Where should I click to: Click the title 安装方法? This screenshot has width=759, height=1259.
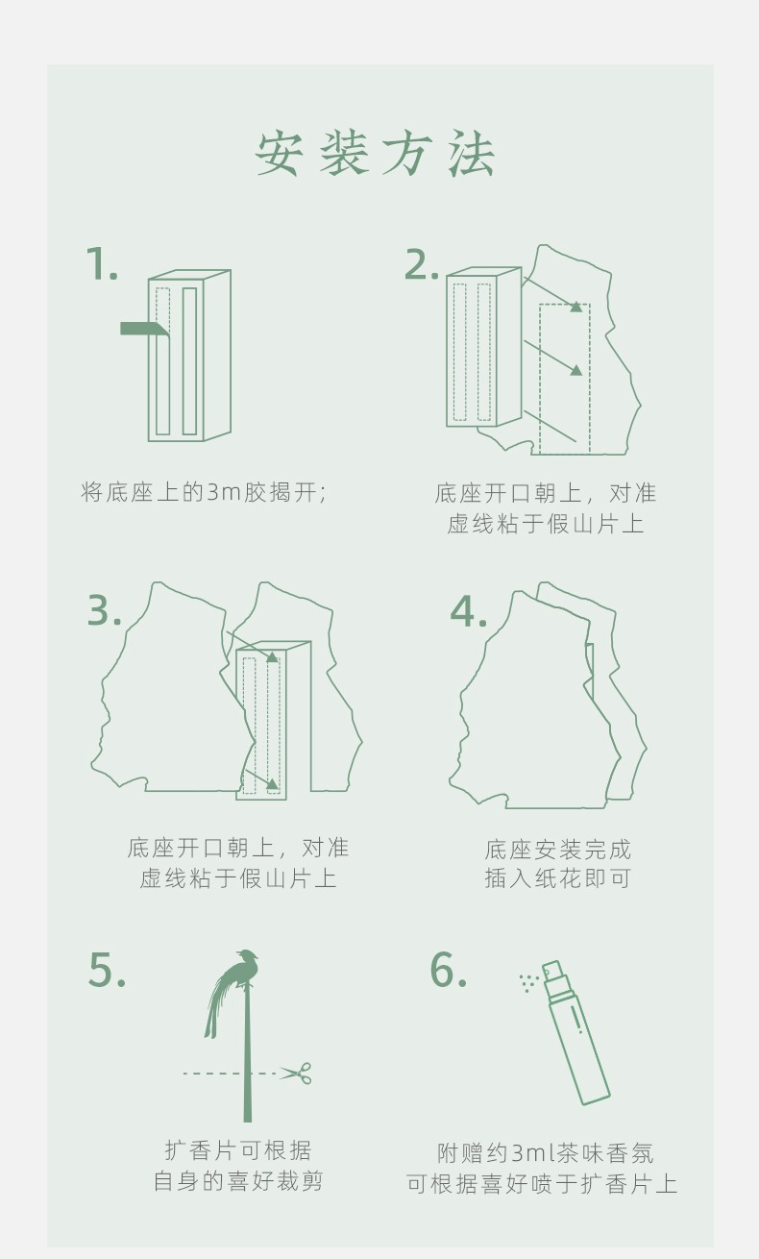point(376,154)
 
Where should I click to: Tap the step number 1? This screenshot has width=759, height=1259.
point(102,263)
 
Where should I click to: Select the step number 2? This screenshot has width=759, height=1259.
point(421,263)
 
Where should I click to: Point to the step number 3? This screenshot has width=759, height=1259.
point(105,610)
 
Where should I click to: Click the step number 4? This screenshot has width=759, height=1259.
point(468,611)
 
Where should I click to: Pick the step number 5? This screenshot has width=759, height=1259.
point(107,970)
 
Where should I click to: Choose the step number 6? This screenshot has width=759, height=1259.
point(448,970)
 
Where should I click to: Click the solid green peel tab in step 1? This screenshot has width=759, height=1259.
point(144,329)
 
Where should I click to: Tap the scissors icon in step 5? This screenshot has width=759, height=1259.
point(296,1073)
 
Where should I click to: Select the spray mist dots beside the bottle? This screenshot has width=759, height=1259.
point(528,982)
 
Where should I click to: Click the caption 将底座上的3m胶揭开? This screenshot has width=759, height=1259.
point(204,492)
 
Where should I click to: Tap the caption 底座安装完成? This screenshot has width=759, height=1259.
point(558,850)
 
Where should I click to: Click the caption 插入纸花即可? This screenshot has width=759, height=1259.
point(558,877)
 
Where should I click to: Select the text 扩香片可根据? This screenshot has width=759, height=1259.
point(237,1150)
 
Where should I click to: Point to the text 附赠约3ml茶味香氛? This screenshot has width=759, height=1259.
point(546,1153)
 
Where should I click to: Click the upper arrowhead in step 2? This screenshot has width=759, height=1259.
point(575,307)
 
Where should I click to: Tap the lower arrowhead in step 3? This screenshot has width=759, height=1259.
point(273,783)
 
